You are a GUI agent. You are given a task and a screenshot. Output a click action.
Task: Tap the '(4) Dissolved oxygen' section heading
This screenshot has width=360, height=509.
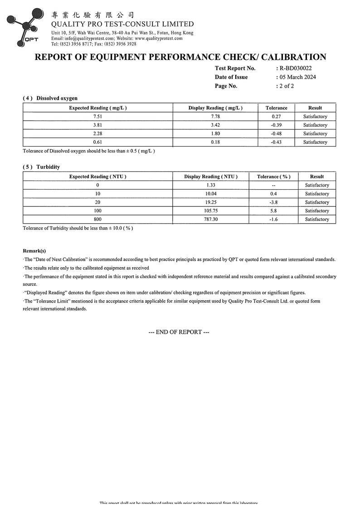click(x=50, y=98)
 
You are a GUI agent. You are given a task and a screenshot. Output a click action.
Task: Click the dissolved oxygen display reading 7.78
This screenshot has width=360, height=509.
click(x=215, y=117)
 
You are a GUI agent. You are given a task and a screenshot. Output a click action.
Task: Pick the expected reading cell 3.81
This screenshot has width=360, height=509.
click(x=97, y=125)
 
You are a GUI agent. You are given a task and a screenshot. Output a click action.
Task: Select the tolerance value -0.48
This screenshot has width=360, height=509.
click(x=276, y=134)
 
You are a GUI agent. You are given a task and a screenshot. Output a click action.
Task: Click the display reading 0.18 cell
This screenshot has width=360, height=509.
click(x=215, y=142)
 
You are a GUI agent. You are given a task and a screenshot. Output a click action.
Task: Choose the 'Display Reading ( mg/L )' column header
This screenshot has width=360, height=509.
click(x=215, y=108)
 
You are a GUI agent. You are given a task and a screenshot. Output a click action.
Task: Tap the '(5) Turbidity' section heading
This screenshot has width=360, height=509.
click(x=41, y=167)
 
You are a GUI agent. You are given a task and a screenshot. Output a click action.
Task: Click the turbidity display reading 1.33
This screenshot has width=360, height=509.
click(x=210, y=185)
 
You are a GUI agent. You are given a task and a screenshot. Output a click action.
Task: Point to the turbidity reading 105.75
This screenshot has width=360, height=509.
click(x=210, y=211)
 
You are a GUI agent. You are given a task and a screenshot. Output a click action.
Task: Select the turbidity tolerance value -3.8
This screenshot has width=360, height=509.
click(x=273, y=202)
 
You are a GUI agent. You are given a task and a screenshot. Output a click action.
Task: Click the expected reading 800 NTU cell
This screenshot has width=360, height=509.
click(x=97, y=220)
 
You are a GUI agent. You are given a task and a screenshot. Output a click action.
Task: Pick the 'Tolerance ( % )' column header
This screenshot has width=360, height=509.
click(x=273, y=176)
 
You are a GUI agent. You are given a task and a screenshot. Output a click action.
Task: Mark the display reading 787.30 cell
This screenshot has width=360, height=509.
click(x=210, y=220)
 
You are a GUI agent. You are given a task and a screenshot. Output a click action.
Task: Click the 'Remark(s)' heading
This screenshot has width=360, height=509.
click(x=34, y=251)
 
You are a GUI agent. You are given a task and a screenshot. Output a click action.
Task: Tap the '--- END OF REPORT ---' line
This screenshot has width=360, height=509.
click(x=179, y=332)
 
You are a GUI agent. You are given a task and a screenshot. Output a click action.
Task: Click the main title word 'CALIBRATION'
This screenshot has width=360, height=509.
click(x=294, y=57)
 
